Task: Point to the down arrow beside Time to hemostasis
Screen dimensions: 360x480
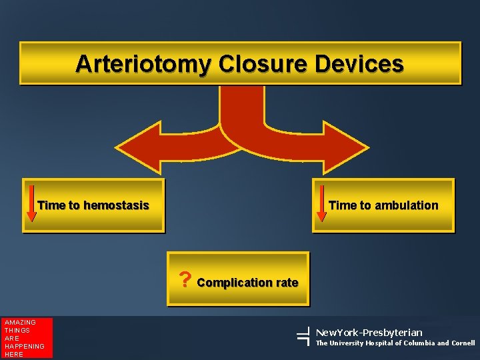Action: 31,205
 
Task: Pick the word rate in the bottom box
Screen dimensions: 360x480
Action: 286,283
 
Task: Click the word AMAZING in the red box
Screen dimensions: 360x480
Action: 19,323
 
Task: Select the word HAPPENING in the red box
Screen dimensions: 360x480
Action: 24,347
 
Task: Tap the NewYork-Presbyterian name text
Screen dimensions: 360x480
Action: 368,332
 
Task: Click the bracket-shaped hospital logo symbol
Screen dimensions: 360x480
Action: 301,337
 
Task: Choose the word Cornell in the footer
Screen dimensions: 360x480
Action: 463,343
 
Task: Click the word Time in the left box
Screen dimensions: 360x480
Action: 50,205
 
